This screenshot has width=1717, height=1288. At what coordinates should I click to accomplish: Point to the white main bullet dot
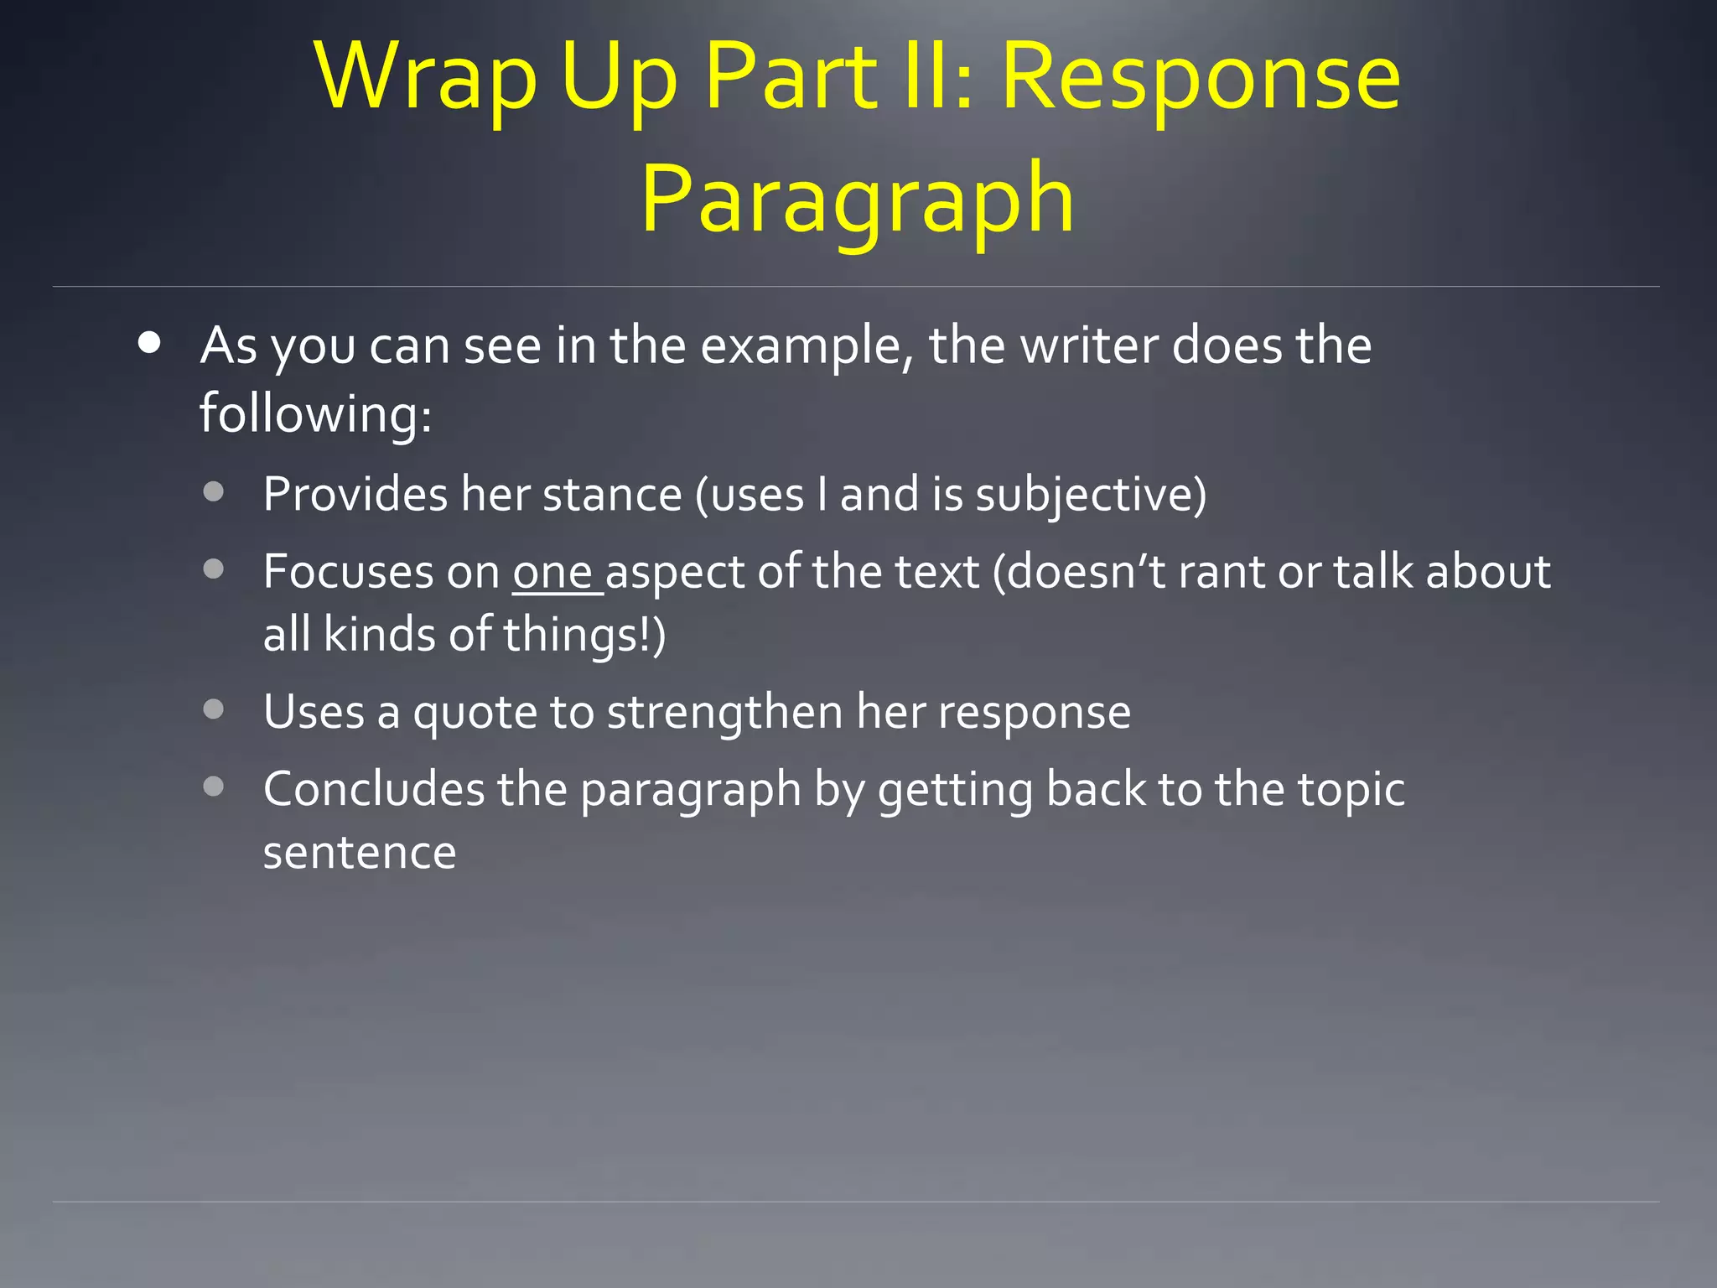(x=150, y=343)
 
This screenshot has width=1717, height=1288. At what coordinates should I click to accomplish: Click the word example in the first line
(x=806, y=346)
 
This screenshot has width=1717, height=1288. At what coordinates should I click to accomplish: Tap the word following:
(x=315, y=413)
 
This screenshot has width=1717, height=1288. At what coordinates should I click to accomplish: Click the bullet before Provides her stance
(x=214, y=491)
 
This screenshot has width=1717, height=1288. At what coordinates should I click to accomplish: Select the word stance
(x=612, y=495)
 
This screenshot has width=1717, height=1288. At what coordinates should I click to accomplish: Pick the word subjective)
(x=1091, y=495)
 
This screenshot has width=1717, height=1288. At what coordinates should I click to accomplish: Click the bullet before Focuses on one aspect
(x=214, y=569)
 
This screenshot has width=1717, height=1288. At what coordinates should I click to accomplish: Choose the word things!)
(x=584, y=635)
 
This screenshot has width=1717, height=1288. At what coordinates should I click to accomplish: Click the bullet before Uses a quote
(x=214, y=709)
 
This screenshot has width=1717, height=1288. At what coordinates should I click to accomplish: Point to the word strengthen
(x=724, y=713)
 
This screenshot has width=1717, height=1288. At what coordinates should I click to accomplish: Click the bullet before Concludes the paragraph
(x=214, y=787)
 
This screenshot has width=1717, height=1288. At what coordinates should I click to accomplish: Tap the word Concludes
(x=374, y=790)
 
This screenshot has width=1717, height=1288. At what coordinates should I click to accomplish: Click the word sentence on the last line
(x=360, y=853)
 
